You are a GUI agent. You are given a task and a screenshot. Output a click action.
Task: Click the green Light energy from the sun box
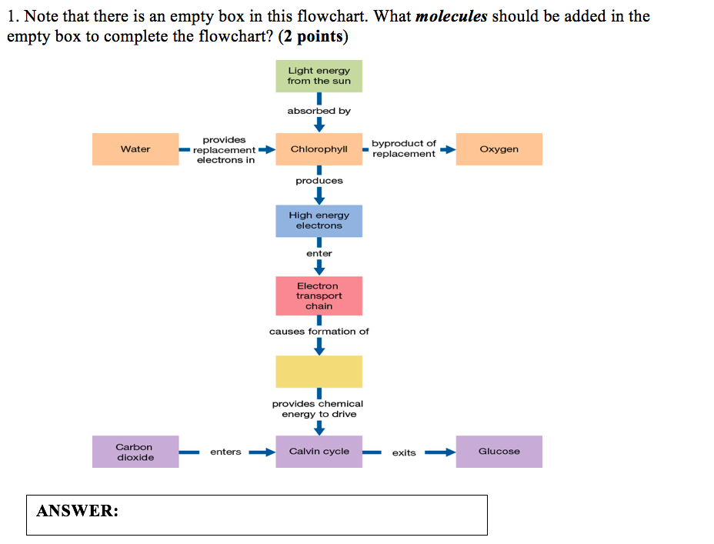[319, 76]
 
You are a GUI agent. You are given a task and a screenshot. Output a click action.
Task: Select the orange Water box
[135, 149]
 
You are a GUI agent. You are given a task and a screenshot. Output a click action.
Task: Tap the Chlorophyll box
[319, 149]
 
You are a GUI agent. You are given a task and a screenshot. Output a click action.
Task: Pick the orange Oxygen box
[499, 149]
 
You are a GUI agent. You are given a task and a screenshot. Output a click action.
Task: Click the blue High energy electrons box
[319, 221]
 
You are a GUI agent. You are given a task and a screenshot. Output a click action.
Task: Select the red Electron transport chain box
[319, 296]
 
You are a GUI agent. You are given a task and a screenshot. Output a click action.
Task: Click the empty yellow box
[319, 372]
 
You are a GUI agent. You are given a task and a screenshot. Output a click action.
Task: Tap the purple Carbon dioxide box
[135, 452]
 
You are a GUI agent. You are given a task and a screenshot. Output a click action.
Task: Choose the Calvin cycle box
[319, 452]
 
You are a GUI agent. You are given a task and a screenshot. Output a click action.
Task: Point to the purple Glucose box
[499, 452]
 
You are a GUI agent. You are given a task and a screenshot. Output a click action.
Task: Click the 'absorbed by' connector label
[319, 111]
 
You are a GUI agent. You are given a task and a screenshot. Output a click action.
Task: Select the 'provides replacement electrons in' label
[225, 150]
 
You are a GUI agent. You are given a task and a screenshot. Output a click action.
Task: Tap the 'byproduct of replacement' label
[403, 149]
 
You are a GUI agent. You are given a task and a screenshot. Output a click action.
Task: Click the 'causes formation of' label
[319, 332]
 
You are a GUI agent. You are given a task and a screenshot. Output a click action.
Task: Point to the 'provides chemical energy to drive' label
[318, 409]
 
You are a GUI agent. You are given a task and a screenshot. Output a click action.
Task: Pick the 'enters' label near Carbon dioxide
[225, 452]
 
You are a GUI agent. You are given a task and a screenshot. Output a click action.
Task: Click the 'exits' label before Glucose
[404, 452]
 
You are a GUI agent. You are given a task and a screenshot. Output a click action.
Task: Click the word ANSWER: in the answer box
[78, 511]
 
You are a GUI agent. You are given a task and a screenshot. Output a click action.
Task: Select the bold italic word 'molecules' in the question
[451, 16]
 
